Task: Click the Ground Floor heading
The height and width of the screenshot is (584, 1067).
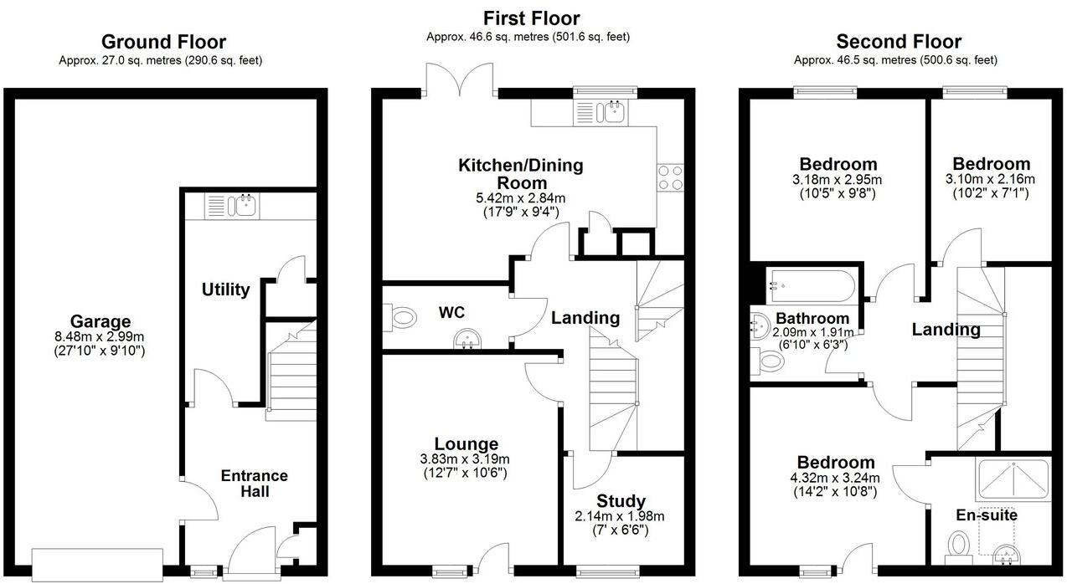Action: click(x=163, y=42)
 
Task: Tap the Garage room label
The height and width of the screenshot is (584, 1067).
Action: click(x=100, y=321)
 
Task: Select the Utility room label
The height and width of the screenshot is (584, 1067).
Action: click(x=225, y=289)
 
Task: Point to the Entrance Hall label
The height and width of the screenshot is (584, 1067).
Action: click(x=254, y=483)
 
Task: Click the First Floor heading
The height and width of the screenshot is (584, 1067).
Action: click(x=531, y=18)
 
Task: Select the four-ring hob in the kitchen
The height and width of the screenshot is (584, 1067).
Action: click(x=670, y=179)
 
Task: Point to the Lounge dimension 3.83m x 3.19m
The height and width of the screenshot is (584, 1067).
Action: click(x=466, y=459)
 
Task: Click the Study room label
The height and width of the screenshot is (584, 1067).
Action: click(x=621, y=501)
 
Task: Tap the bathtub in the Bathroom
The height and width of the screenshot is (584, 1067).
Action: click(x=812, y=285)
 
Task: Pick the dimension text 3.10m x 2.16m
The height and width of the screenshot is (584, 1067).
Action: click(x=991, y=179)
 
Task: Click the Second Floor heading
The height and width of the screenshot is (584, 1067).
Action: click(x=899, y=42)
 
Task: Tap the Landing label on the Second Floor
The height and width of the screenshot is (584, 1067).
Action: click(x=946, y=330)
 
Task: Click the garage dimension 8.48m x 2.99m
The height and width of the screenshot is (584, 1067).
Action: click(x=100, y=337)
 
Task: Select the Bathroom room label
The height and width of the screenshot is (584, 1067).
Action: click(x=812, y=319)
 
